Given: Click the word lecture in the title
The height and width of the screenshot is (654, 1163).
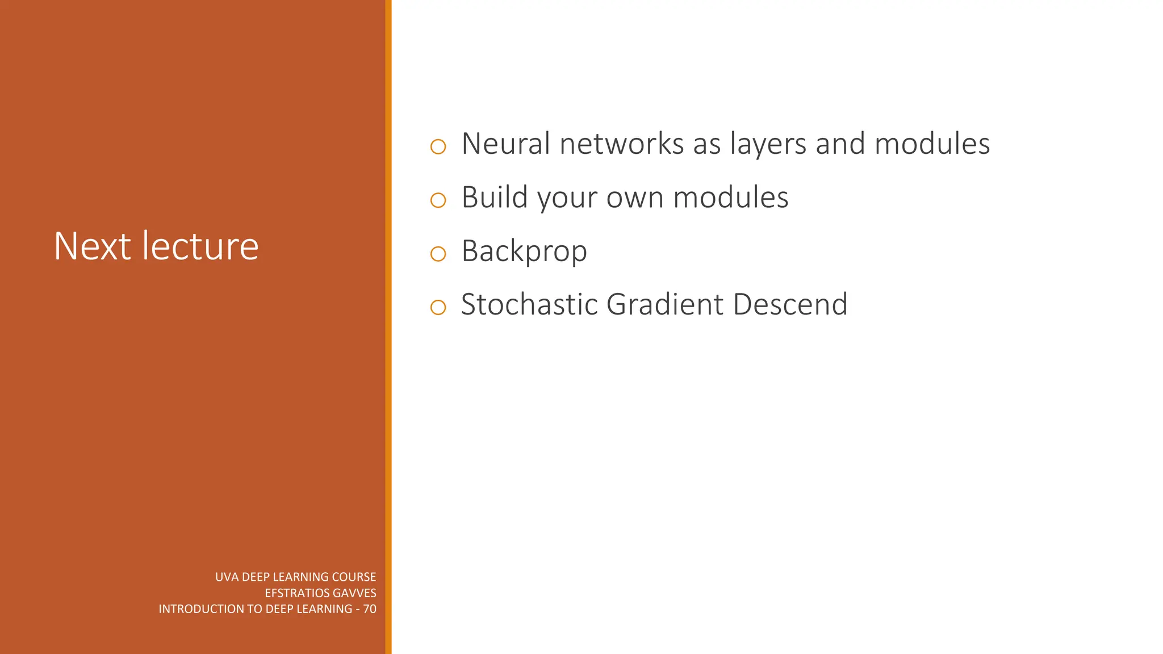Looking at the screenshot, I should coord(200,246).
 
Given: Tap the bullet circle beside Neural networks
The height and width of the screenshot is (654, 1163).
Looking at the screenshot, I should coord(438,147).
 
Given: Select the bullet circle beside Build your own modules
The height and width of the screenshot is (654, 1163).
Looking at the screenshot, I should coord(438,200).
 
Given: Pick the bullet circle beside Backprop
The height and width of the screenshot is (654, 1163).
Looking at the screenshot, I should coord(438,254).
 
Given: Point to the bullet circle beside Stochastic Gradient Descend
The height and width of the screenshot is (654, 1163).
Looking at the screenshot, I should coord(438,308).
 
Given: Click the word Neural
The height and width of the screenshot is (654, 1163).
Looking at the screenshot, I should coord(505,144).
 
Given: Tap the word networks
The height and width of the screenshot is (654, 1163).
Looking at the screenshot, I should coord(621,144).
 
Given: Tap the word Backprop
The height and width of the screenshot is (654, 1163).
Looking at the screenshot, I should coord(524,251).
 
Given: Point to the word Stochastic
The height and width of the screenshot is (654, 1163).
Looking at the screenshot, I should coord(529,304).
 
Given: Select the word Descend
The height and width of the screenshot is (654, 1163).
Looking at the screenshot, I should coord(790,304).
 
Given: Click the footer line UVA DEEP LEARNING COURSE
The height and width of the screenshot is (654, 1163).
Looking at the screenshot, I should coord(295,577).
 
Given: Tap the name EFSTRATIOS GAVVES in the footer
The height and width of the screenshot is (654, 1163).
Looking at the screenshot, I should coord(320,593).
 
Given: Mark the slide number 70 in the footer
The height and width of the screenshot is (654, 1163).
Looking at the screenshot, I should coord(370,609).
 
